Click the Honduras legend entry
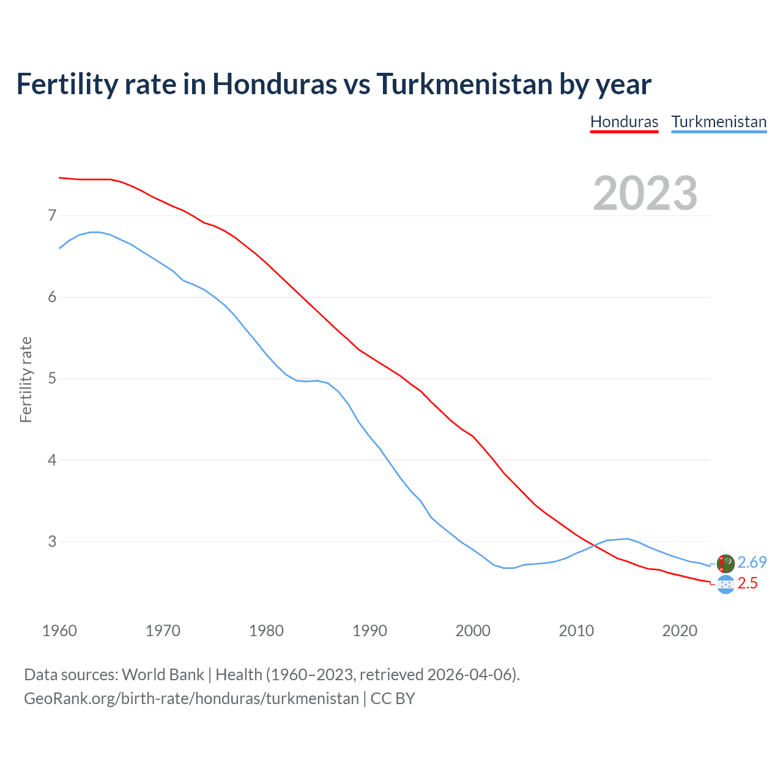tap(624, 122)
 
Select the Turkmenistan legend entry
tap(719, 122)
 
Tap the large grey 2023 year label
tap(645, 193)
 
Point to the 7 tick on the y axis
tap(52, 215)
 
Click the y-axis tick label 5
tap(52, 378)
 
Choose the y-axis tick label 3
tap(52, 541)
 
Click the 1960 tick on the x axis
tap(59, 630)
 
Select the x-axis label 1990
tap(369, 630)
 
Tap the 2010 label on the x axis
tap(576, 630)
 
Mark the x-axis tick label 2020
tap(680, 630)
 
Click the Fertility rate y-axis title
tap(26, 379)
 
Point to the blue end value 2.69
tap(752, 562)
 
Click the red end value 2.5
tap(748, 584)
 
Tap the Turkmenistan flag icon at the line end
tap(725, 563)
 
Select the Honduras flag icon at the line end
tap(725, 585)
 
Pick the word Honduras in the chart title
tap(274, 84)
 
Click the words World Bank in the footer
tap(163, 675)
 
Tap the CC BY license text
tap(393, 699)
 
